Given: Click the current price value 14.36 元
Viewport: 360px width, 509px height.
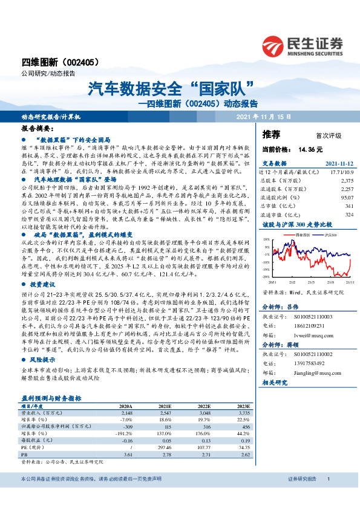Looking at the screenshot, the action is [310, 149].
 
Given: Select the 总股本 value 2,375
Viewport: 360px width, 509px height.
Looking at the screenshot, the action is [347, 180].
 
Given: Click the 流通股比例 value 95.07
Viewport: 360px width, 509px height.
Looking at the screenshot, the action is [345, 196].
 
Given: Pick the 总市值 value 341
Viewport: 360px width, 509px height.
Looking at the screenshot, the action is [349, 204].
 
